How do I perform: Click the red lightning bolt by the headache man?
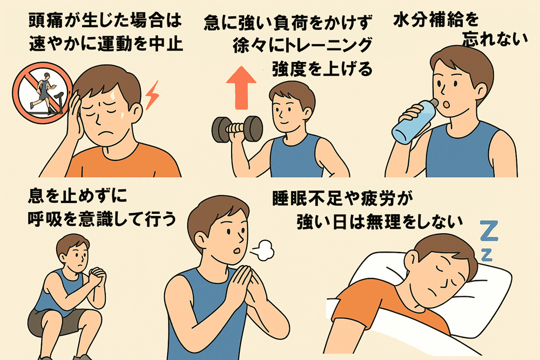(x=152, y=96)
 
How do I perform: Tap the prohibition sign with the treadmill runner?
(x=43, y=93)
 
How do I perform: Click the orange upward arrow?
(x=241, y=87)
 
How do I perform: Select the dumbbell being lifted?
(x=237, y=129)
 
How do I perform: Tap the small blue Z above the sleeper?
(x=487, y=255)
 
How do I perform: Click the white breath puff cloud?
(x=262, y=250)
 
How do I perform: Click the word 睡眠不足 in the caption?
(x=303, y=198)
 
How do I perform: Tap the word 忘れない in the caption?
(x=495, y=39)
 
